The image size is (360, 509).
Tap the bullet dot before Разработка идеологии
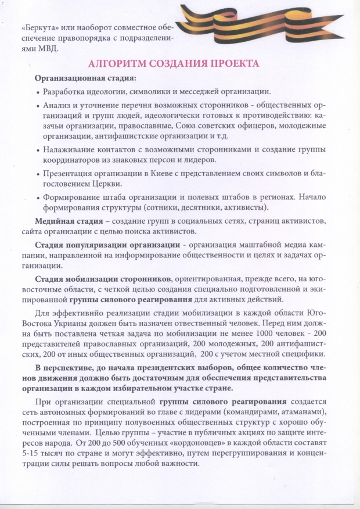(x=38, y=92)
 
